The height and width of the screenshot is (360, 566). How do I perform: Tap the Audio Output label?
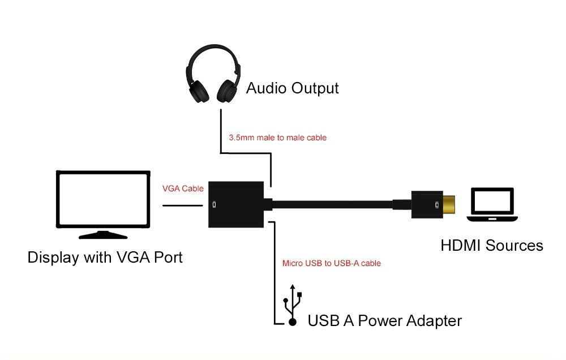(292, 88)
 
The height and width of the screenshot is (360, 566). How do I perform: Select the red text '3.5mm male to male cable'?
(277, 138)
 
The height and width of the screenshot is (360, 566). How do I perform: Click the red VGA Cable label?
(182, 188)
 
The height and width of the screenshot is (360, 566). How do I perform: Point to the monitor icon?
(103, 200)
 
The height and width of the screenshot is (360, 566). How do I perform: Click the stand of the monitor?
(103, 234)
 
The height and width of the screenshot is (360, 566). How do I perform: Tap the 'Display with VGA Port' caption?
(105, 258)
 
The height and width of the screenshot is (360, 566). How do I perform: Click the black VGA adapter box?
(237, 204)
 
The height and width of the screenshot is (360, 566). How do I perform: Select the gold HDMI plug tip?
(448, 205)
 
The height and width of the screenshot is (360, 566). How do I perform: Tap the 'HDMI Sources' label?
(491, 246)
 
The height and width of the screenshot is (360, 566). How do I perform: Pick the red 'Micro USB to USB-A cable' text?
(331, 263)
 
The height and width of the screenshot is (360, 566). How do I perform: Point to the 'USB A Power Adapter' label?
(384, 321)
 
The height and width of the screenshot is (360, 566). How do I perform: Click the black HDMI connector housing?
(426, 205)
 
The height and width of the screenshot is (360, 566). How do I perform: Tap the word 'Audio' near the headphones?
(266, 88)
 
